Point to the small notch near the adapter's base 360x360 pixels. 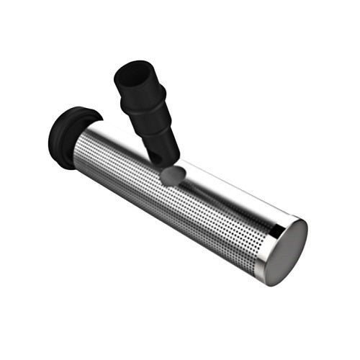click(x=153, y=152)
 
